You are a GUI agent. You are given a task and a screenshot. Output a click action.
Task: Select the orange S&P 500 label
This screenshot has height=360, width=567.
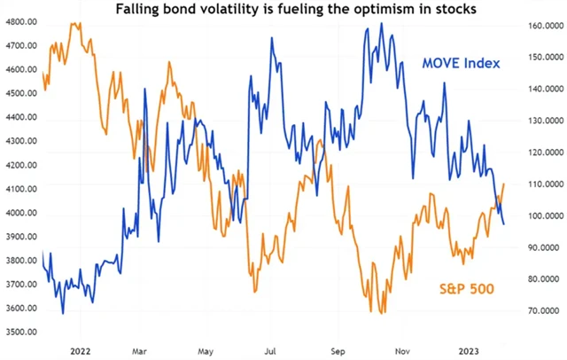(466, 288)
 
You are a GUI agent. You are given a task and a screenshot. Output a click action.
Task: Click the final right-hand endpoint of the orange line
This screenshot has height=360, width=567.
(504, 184)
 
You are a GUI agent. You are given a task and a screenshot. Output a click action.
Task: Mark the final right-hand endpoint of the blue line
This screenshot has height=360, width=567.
(505, 223)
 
